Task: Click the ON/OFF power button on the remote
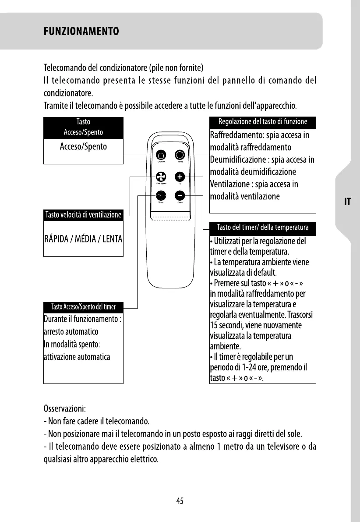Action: tap(161, 155)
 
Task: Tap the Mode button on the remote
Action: tap(180, 155)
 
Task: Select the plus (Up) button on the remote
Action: tap(180, 177)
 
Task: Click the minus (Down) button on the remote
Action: tap(180, 196)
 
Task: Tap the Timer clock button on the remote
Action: tap(161, 196)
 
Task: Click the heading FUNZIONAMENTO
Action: tap(81, 32)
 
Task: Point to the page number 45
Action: tap(180, 501)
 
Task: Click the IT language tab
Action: tap(347, 202)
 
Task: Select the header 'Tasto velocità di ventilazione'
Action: tap(83, 215)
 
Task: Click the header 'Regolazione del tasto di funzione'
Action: tap(263, 121)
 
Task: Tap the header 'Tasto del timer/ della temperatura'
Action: tap(263, 227)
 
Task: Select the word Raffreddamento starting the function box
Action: tap(238, 135)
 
